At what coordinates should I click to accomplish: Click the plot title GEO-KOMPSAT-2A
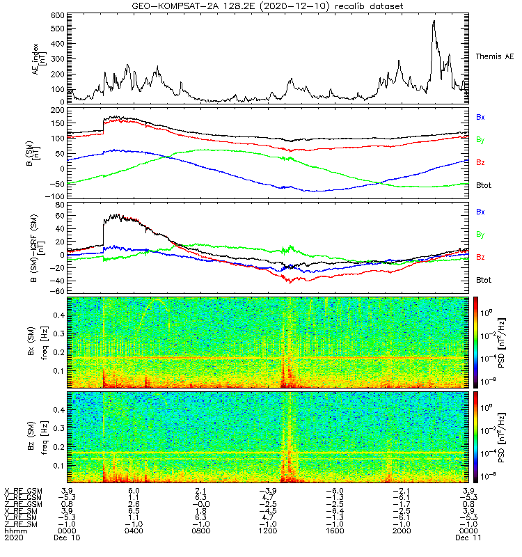[268, 6]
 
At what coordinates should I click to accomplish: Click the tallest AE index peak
[434, 21]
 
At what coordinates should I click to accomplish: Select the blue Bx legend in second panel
[480, 118]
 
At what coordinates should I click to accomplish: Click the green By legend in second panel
[480, 140]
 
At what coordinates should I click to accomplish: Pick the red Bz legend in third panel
[480, 257]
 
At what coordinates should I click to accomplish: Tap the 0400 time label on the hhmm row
[134, 531]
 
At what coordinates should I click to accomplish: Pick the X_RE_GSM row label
[22, 491]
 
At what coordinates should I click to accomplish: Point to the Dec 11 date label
[466, 538]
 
